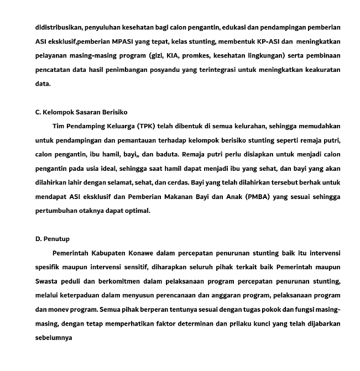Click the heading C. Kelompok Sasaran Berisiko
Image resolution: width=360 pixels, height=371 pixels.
pyautogui.click(x=81, y=112)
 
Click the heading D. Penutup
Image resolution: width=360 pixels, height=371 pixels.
pyautogui.click(x=53, y=239)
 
